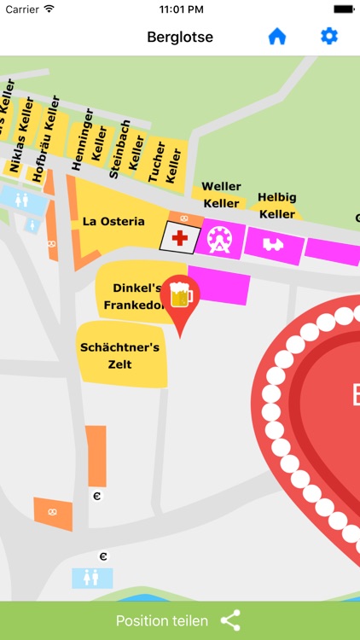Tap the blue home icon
point(276,37)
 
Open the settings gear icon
point(328,37)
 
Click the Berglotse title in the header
point(180,37)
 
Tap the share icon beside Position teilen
point(230,620)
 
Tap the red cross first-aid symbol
point(180,238)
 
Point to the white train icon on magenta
point(272,245)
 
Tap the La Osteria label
point(113,221)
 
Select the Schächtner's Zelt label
point(119,356)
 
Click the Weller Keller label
point(221,195)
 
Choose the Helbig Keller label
point(276,206)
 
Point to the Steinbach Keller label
point(126,148)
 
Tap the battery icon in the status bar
point(343,9)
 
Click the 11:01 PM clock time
point(179,9)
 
